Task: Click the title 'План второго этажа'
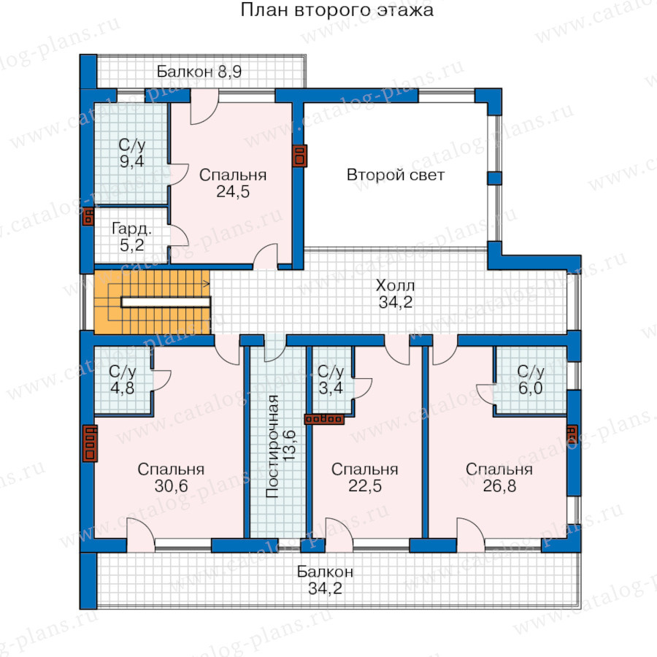click(x=337, y=10)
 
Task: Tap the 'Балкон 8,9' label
click(x=199, y=72)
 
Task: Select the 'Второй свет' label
click(x=395, y=174)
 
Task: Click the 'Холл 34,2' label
click(x=395, y=293)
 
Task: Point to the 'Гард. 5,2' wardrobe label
click(x=131, y=237)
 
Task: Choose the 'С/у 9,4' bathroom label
click(x=131, y=153)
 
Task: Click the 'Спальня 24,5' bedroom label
click(x=233, y=183)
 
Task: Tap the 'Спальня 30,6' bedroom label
click(x=171, y=477)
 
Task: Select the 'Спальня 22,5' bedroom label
click(x=364, y=477)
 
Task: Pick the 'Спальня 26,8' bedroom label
click(x=499, y=477)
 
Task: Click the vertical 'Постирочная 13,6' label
click(x=281, y=446)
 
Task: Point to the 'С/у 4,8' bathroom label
click(x=123, y=380)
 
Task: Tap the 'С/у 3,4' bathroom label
click(x=331, y=380)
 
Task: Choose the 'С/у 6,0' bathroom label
click(x=531, y=380)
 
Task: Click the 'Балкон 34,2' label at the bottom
click(x=325, y=580)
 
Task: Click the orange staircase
click(x=152, y=301)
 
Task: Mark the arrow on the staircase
click(x=159, y=284)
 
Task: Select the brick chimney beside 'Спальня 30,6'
click(x=90, y=443)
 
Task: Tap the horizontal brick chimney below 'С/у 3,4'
click(x=324, y=418)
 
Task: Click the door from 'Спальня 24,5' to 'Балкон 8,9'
click(x=204, y=107)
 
